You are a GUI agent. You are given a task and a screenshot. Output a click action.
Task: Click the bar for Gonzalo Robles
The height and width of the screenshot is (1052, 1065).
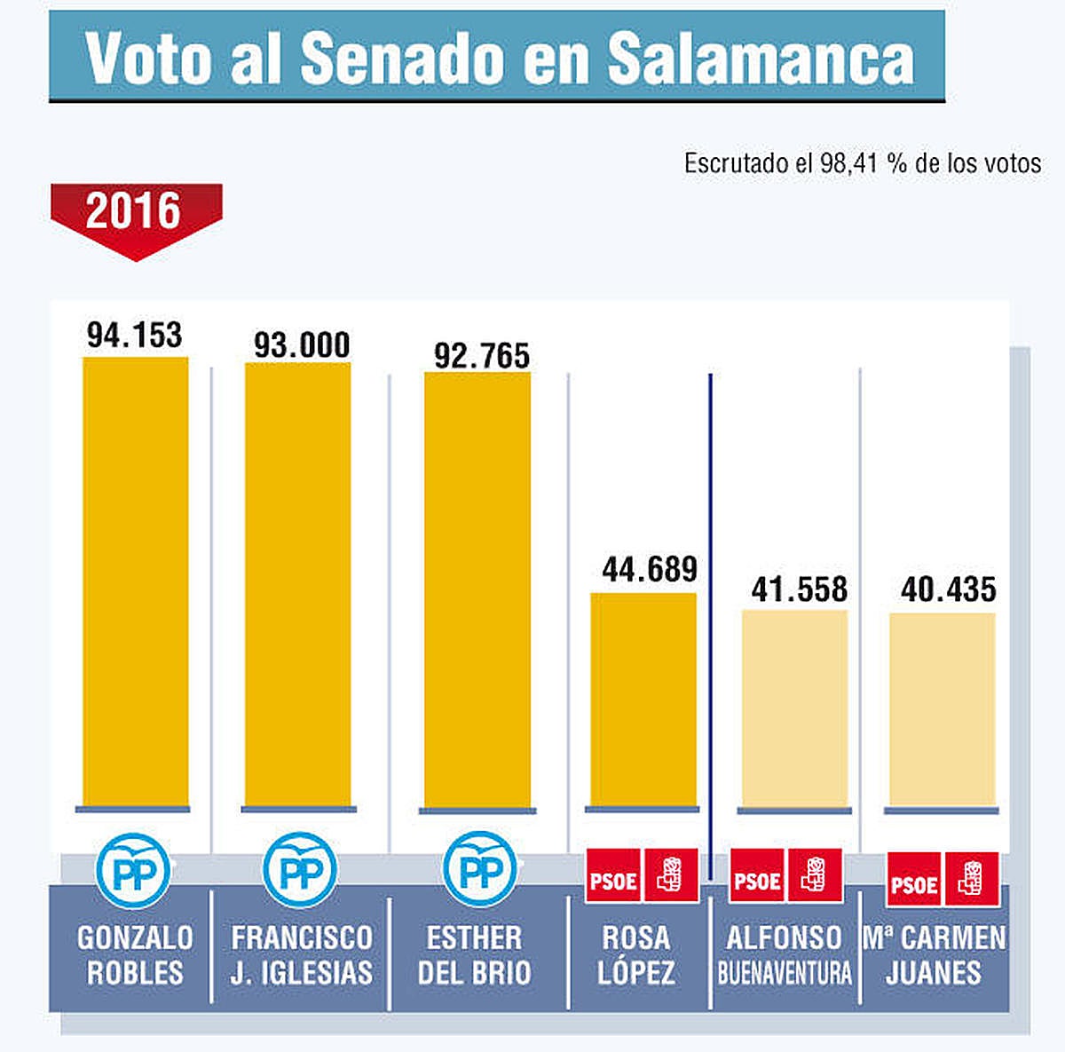pos(135,581)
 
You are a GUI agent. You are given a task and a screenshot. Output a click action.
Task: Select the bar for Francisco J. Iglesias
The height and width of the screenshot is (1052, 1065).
pos(297,584)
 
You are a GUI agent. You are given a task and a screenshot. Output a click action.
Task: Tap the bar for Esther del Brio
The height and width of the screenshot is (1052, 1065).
pos(477,589)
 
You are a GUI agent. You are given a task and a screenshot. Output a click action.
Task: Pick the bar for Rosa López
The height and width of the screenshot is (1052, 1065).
pos(643,700)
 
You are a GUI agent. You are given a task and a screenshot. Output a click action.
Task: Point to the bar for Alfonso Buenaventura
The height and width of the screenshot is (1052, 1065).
pos(794,708)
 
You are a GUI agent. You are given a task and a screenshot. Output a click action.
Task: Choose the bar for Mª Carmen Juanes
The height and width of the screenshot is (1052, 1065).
pos(943,710)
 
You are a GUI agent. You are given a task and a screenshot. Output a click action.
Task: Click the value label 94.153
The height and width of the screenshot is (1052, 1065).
pos(135,336)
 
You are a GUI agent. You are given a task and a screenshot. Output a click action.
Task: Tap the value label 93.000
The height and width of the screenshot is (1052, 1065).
pos(302,345)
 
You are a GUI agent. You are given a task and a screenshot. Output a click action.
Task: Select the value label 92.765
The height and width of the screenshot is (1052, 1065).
pos(481,356)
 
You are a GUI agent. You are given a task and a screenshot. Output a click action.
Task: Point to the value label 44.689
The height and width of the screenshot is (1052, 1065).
pos(650,569)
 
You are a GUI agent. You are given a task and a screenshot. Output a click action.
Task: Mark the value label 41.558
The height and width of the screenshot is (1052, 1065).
pos(800,589)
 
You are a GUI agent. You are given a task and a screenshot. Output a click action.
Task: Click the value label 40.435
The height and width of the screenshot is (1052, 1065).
pos(948,589)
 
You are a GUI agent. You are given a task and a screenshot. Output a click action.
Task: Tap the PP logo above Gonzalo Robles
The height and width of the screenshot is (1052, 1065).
pos(133,870)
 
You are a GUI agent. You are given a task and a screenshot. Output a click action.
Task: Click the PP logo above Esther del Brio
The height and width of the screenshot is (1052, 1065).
pos(479,870)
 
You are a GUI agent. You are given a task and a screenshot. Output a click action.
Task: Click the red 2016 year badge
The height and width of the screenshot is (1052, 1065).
pos(135,213)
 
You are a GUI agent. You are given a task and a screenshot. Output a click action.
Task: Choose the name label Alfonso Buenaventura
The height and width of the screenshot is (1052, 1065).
pos(785,954)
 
